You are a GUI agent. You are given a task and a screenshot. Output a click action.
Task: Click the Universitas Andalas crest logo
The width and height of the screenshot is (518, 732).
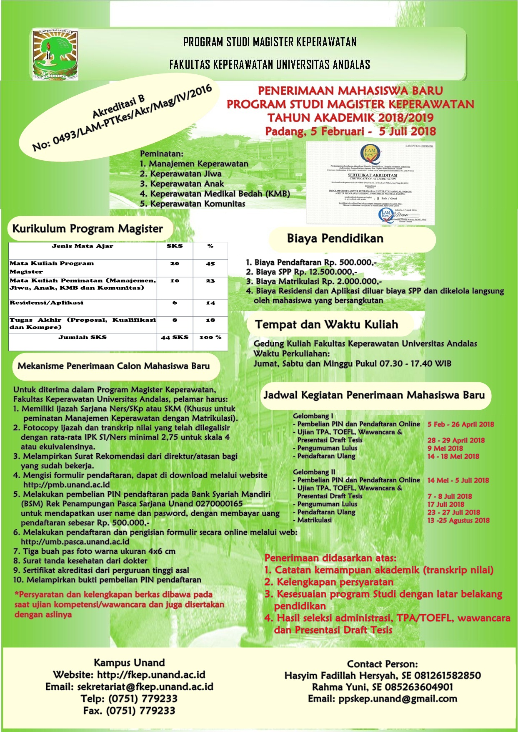(x=55, y=54)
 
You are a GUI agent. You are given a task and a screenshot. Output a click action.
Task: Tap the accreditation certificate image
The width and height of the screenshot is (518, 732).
(x=370, y=183)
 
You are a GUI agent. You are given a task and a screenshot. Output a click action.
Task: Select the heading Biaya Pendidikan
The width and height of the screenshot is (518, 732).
(x=335, y=239)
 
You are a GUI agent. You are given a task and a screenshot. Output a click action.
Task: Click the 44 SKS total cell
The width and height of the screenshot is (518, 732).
(x=175, y=337)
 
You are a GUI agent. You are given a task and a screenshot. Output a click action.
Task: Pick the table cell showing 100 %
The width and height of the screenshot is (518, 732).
(x=210, y=337)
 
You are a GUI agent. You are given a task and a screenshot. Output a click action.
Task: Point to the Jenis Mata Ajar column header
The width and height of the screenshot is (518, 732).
(x=83, y=246)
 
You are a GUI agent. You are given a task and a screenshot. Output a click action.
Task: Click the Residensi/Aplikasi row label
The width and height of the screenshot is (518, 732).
(x=47, y=303)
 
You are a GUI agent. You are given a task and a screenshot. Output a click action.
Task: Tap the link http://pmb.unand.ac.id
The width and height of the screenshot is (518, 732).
(x=67, y=485)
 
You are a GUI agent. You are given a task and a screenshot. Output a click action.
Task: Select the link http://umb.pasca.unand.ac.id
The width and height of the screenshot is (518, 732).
(x=75, y=542)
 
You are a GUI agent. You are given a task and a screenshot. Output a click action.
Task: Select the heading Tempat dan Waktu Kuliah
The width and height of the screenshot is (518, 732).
(x=326, y=325)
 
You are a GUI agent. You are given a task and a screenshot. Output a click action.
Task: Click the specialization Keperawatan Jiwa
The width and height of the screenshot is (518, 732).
(x=186, y=174)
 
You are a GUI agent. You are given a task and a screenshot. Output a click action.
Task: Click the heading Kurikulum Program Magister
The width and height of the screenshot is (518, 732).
(x=88, y=229)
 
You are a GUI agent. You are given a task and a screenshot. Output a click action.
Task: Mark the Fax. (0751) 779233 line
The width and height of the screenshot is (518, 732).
(x=129, y=711)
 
